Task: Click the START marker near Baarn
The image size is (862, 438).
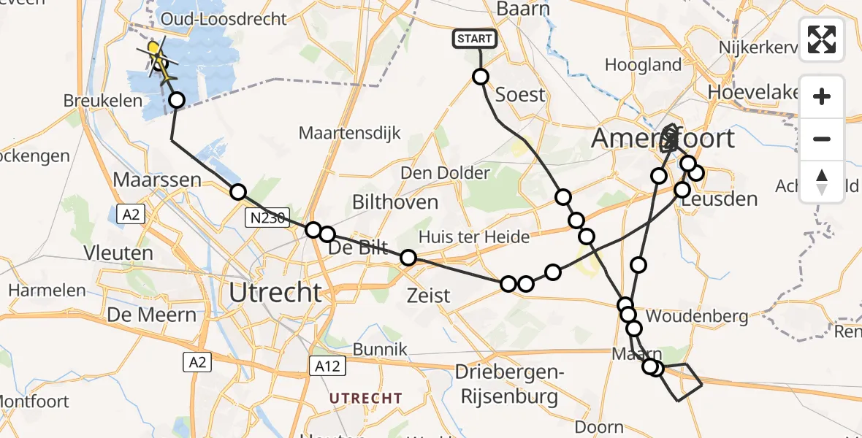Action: (x=476, y=39)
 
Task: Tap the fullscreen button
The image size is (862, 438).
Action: (x=822, y=39)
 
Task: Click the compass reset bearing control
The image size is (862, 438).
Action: (x=822, y=181)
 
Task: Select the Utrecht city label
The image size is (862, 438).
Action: (x=275, y=293)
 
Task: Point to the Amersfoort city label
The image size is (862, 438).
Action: (x=663, y=138)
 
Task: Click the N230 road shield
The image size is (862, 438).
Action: (x=266, y=217)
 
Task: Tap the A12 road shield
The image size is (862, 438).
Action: (x=326, y=366)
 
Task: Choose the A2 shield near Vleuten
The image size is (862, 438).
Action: (x=132, y=214)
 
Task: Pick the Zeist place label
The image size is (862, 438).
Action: (x=429, y=296)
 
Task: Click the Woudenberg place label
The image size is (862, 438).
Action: (x=697, y=316)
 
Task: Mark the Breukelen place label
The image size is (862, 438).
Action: (x=102, y=101)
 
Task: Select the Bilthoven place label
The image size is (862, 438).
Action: (x=395, y=202)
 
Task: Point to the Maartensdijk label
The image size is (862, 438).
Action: (x=350, y=134)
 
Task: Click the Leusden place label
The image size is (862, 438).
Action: (x=724, y=199)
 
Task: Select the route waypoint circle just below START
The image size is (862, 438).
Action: (x=481, y=77)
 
